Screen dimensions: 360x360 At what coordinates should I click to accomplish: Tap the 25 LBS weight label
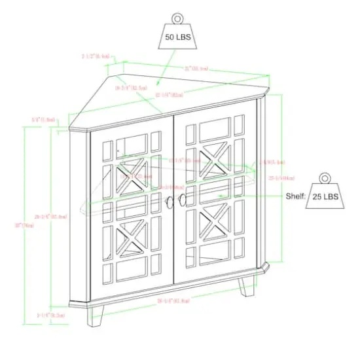coord(326,196)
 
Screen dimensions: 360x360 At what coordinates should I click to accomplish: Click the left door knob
coord(171,202)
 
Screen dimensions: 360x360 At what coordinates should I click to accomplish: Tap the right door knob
coord(183,202)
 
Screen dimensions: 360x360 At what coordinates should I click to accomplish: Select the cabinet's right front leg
coord(247,288)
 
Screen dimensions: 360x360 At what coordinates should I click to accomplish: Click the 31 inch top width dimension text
coord(196,68)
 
